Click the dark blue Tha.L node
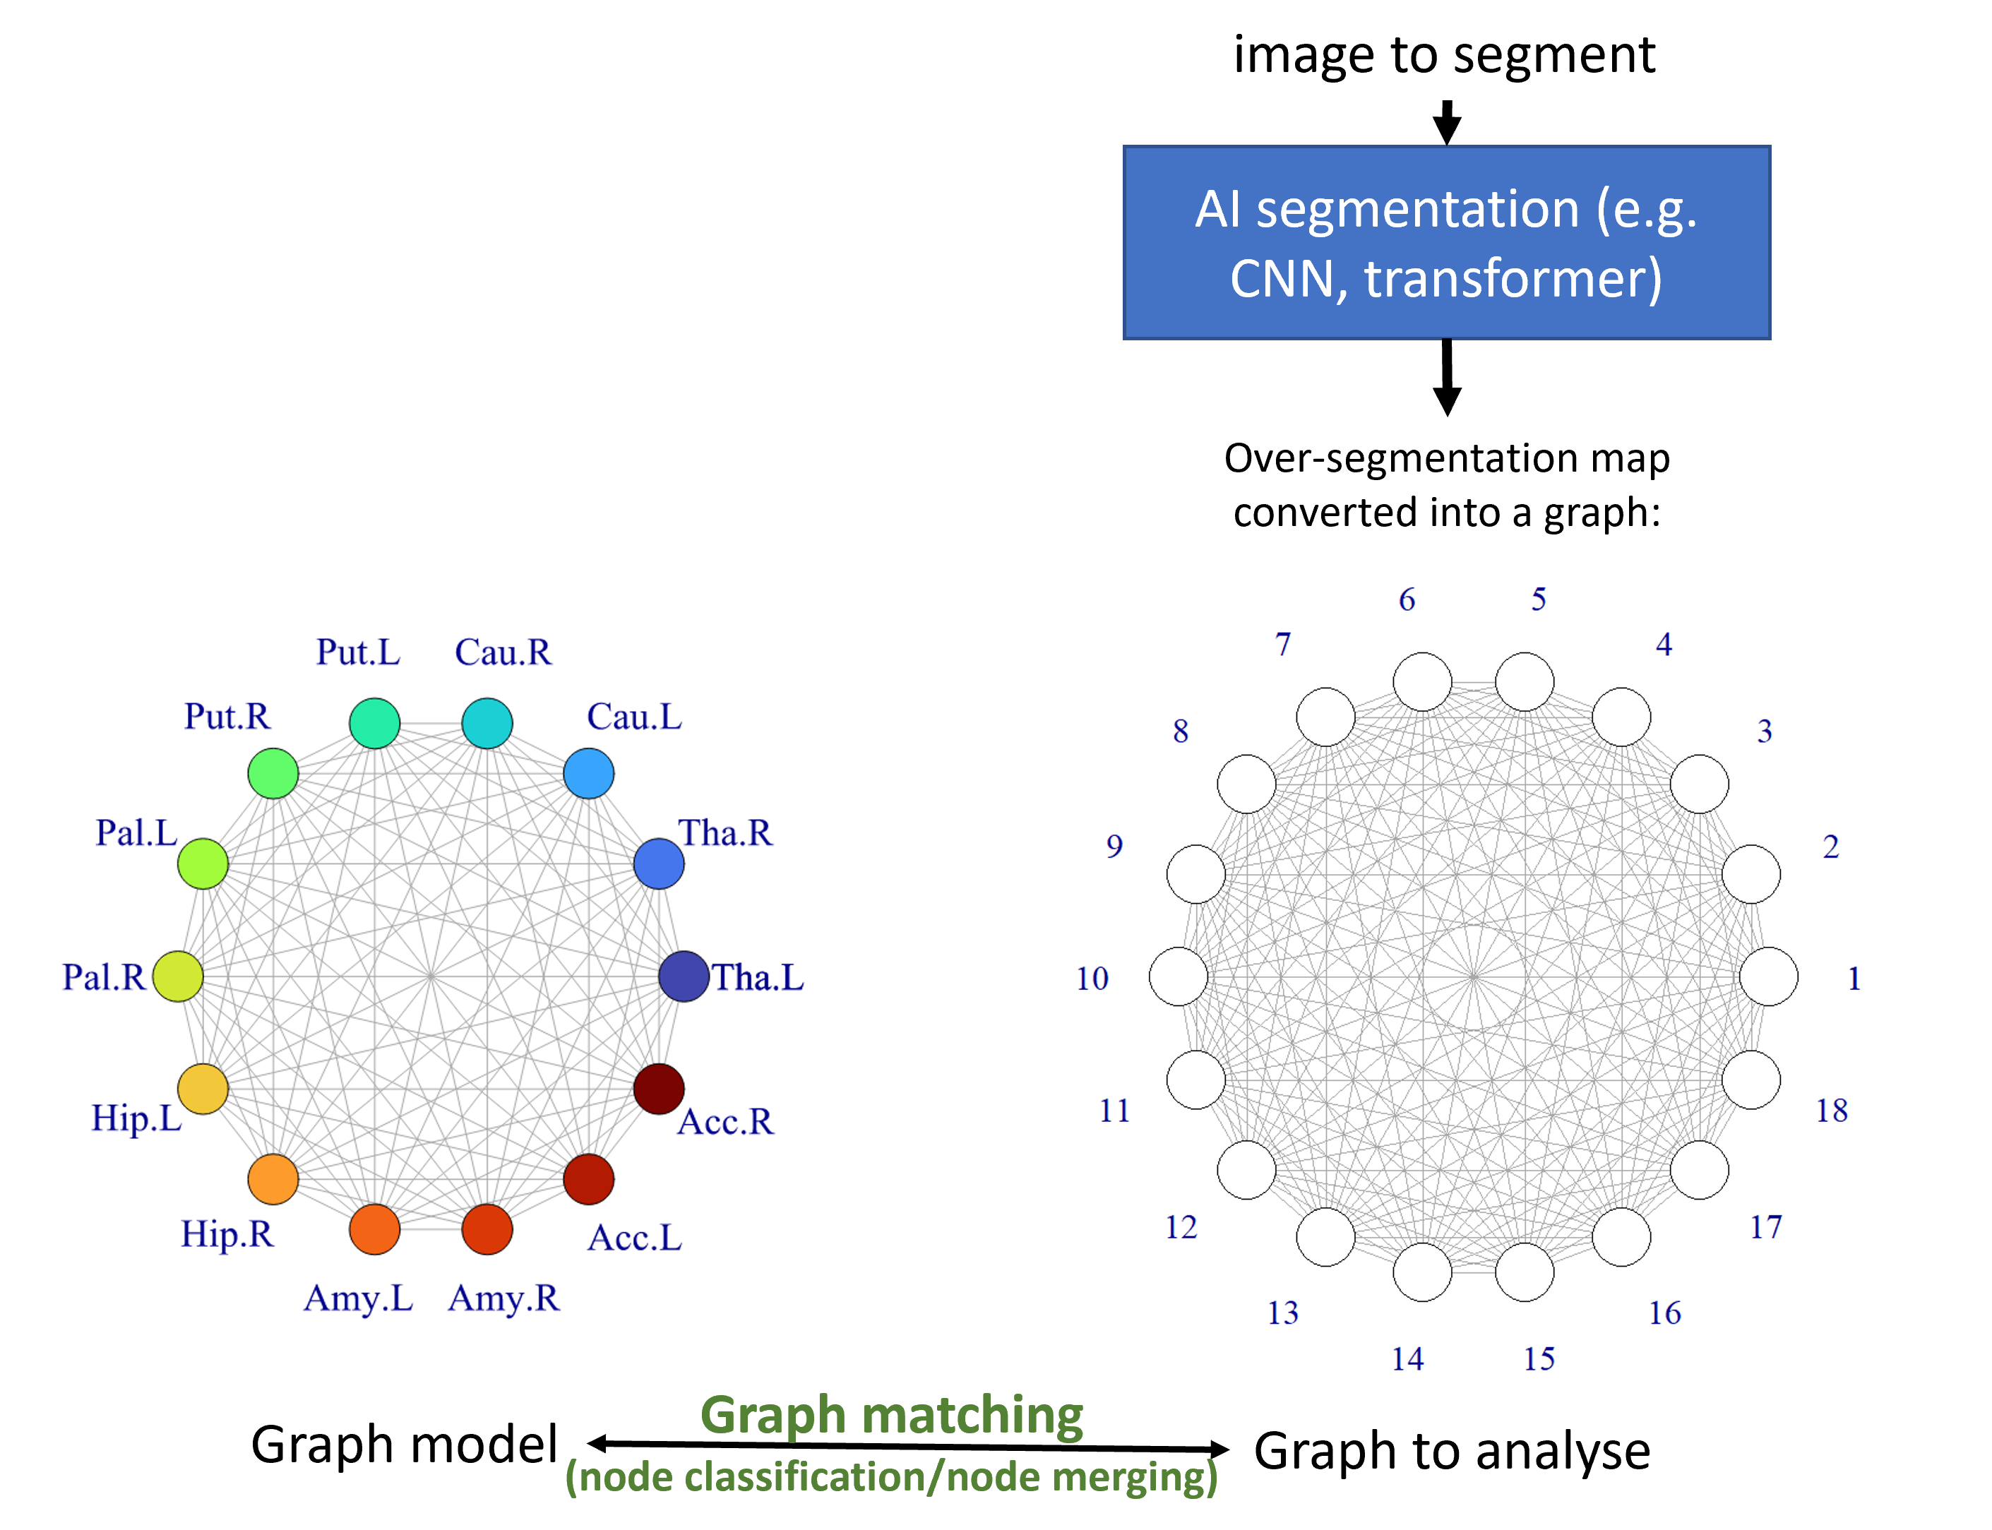click(683, 976)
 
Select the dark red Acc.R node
click(659, 1088)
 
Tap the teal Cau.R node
click(487, 723)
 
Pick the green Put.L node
click(374, 723)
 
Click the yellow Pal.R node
click(178, 976)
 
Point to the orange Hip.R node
click(273, 1179)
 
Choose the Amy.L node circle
click(374, 1229)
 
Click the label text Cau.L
click(634, 717)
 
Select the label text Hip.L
click(136, 1118)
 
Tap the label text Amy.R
click(503, 1298)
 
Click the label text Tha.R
click(725, 832)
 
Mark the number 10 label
click(1092, 978)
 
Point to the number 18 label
click(1832, 1110)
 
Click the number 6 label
click(1407, 599)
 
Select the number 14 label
click(1407, 1359)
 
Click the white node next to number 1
click(1769, 976)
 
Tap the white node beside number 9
click(1196, 874)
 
